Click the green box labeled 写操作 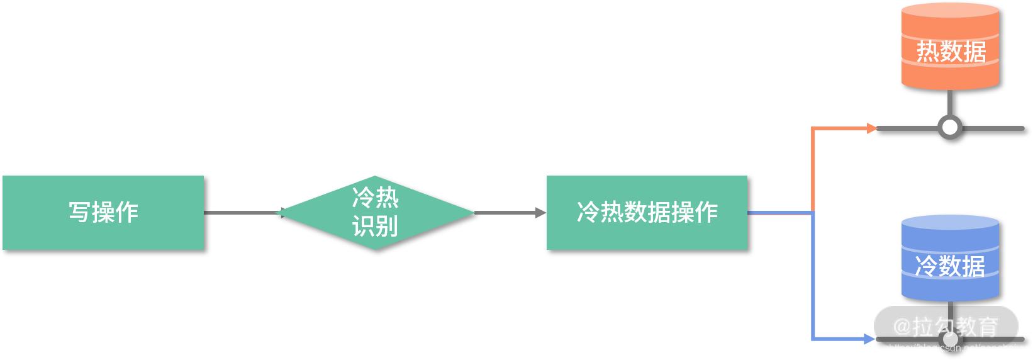[103, 213]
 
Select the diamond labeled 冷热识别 [375, 213]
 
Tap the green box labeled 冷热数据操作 [647, 213]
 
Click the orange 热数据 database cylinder [950, 47]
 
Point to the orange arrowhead [871, 128]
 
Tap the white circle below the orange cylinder [950, 128]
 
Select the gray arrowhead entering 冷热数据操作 [540, 213]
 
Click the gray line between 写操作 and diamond [242, 213]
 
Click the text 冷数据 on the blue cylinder [950, 266]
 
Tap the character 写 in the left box [79, 212]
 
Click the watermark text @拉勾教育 [945, 327]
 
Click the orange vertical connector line [813, 170]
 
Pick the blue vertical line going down [813, 277]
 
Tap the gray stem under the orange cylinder [950, 102]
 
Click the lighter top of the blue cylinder [950, 223]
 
